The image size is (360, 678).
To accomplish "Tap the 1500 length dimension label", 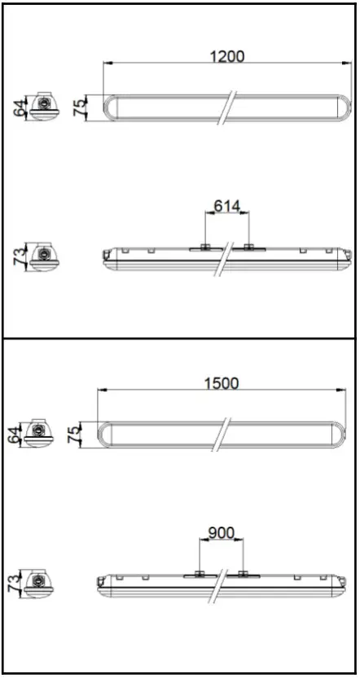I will click(x=222, y=383).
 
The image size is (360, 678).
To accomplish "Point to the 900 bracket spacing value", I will click(x=221, y=533).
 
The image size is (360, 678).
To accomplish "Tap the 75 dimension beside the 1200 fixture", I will click(x=80, y=108).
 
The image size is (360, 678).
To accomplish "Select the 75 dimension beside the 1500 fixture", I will click(x=74, y=433).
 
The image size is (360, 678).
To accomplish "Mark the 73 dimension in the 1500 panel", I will click(x=11, y=582).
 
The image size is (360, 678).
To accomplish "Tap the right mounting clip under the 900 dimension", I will click(x=242, y=575).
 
